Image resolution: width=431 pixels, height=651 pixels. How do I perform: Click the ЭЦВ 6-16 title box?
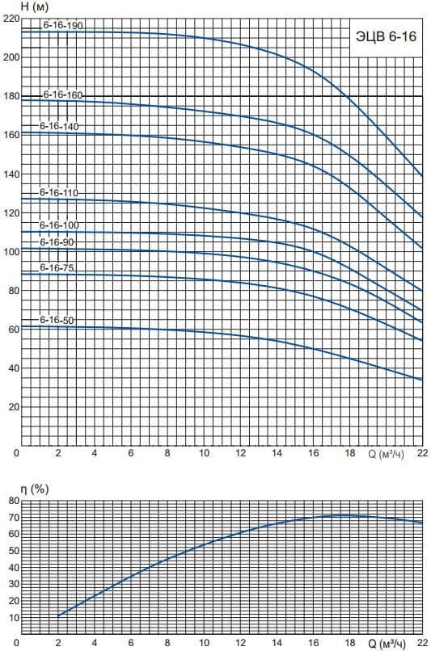click(386, 37)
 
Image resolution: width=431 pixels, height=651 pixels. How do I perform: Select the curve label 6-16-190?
click(63, 25)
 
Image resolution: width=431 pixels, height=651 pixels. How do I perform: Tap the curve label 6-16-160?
click(63, 95)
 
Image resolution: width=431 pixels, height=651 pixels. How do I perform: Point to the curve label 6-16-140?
click(59, 126)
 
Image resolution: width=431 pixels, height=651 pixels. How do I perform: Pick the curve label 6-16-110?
click(59, 193)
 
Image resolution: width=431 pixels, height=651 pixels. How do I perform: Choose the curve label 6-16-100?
click(59, 225)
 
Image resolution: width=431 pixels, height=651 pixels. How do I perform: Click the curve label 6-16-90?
click(57, 242)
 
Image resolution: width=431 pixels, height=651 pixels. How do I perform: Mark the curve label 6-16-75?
click(57, 268)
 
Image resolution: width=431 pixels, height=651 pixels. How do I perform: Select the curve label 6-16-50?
click(57, 320)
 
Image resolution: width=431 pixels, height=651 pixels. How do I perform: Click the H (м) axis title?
click(35, 7)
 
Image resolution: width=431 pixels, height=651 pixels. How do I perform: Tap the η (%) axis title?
click(35, 489)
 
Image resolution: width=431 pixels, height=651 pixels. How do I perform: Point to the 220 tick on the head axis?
click(11, 19)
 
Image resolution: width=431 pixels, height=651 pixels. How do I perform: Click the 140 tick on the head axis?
click(11, 174)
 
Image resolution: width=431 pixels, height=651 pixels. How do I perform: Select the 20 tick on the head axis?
click(14, 407)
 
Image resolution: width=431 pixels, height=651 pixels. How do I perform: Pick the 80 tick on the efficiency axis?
click(14, 501)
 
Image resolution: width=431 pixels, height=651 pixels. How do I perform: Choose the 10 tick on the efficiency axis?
click(14, 618)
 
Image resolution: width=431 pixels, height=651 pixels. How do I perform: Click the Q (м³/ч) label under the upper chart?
click(386, 454)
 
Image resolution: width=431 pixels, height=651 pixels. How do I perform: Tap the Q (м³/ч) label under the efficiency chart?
click(386, 644)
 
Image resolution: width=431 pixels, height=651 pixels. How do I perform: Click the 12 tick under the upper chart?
click(241, 453)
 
